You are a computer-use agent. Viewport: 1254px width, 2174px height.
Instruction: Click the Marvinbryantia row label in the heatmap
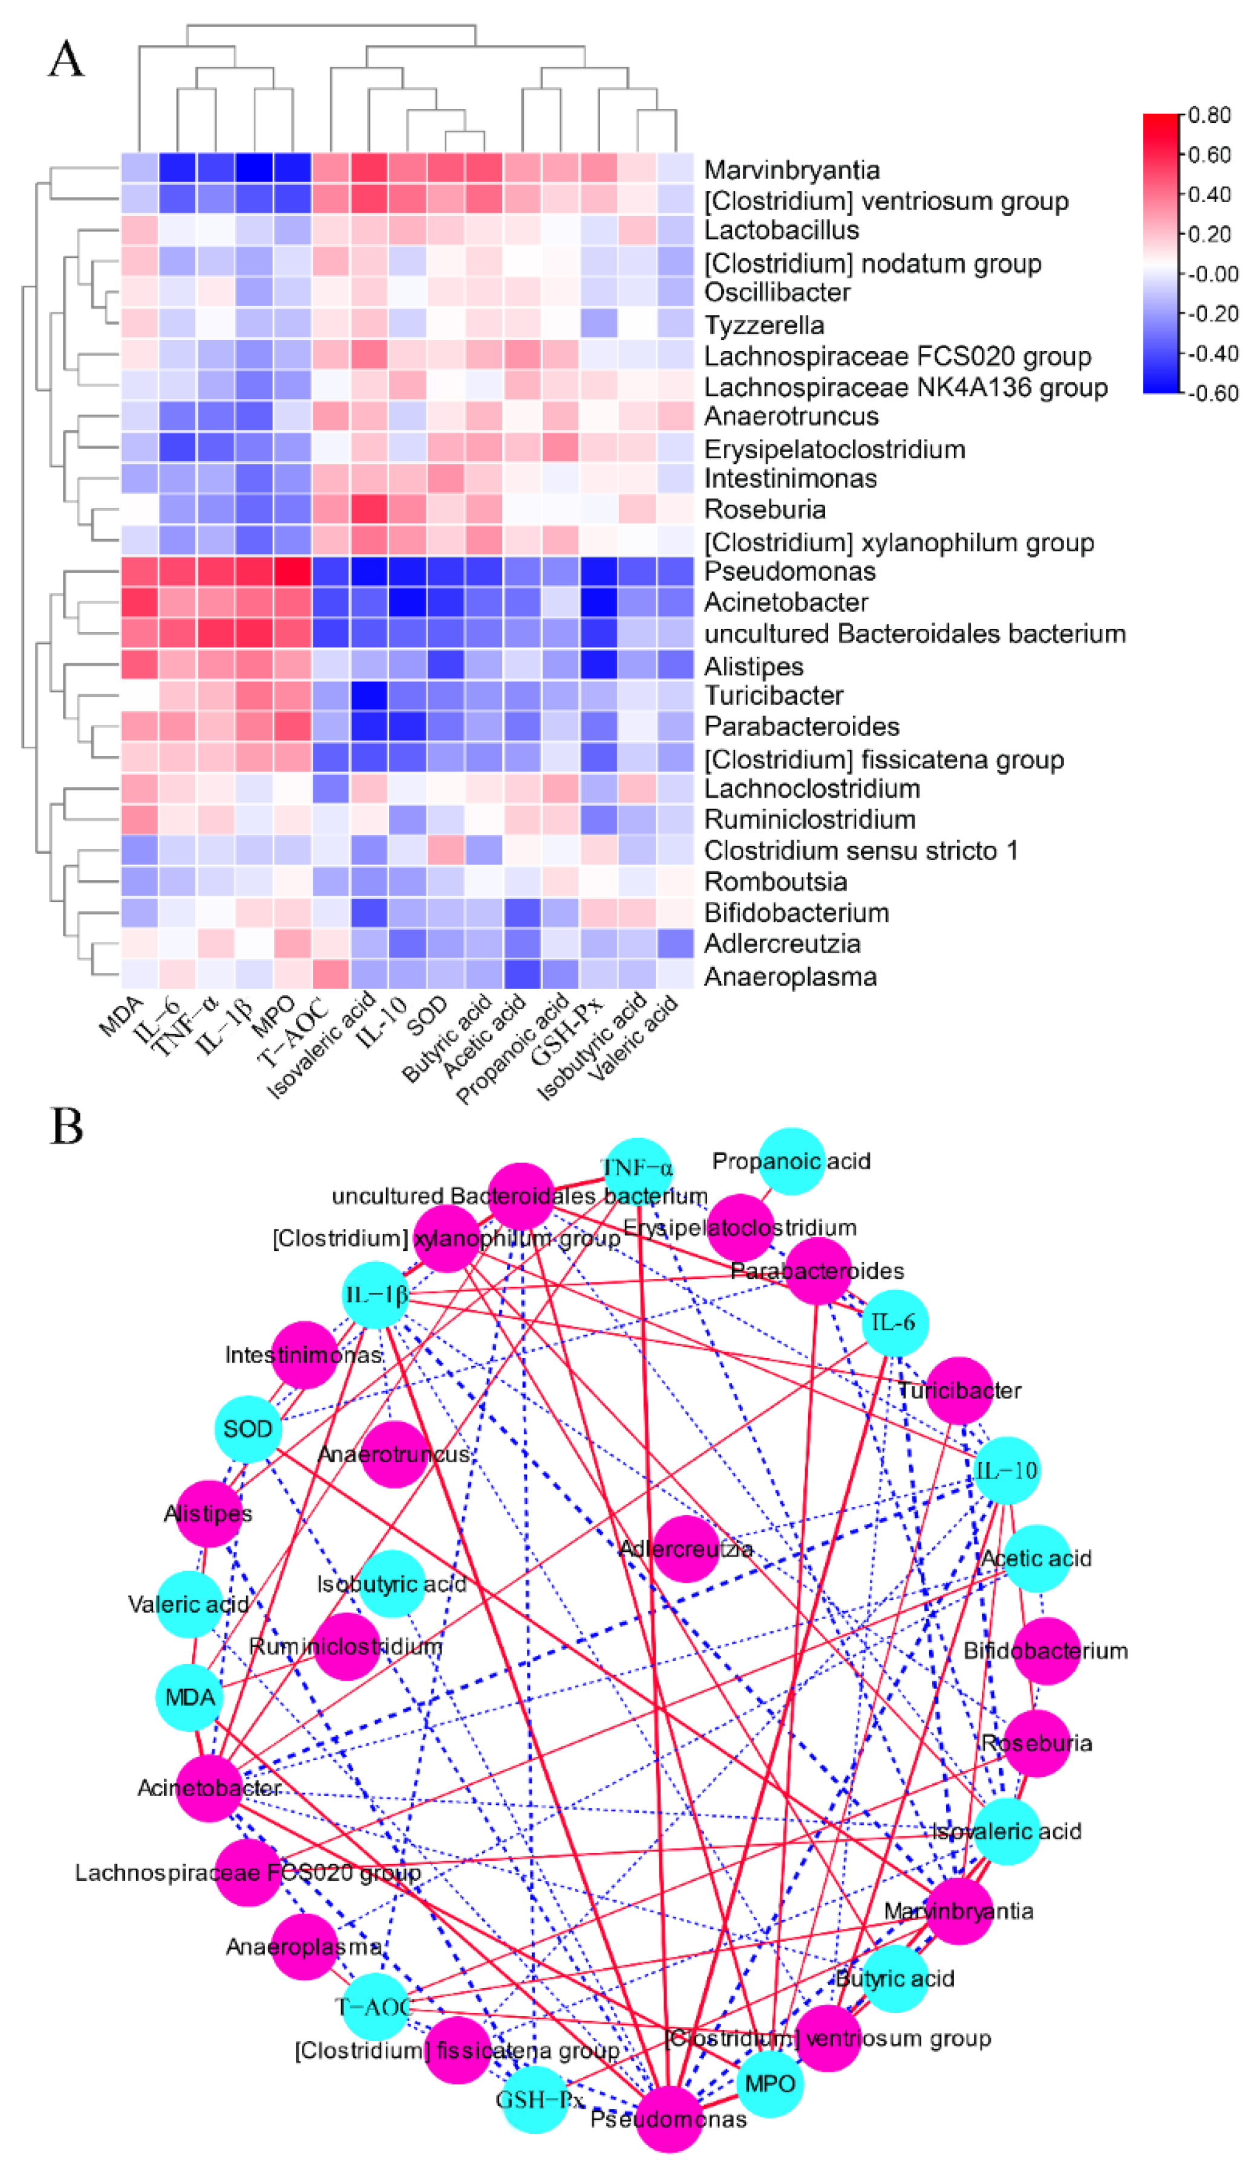(791, 169)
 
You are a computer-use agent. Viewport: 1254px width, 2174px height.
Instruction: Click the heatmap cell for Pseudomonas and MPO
(292, 572)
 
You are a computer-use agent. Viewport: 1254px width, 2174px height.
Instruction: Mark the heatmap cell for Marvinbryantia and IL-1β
(254, 168)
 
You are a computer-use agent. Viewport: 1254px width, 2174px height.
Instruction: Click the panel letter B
(67, 1125)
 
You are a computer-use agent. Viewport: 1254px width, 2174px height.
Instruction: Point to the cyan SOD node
(248, 1428)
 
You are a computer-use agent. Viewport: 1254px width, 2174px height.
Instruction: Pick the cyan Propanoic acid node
(791, 1161)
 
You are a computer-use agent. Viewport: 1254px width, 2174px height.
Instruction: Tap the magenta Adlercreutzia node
(685, 1548)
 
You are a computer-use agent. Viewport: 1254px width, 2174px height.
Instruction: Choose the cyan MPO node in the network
(769, 2084)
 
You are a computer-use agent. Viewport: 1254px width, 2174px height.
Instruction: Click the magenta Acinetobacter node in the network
(209, 1788)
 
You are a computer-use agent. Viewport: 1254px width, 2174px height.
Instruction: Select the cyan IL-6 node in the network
(895, 1322)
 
